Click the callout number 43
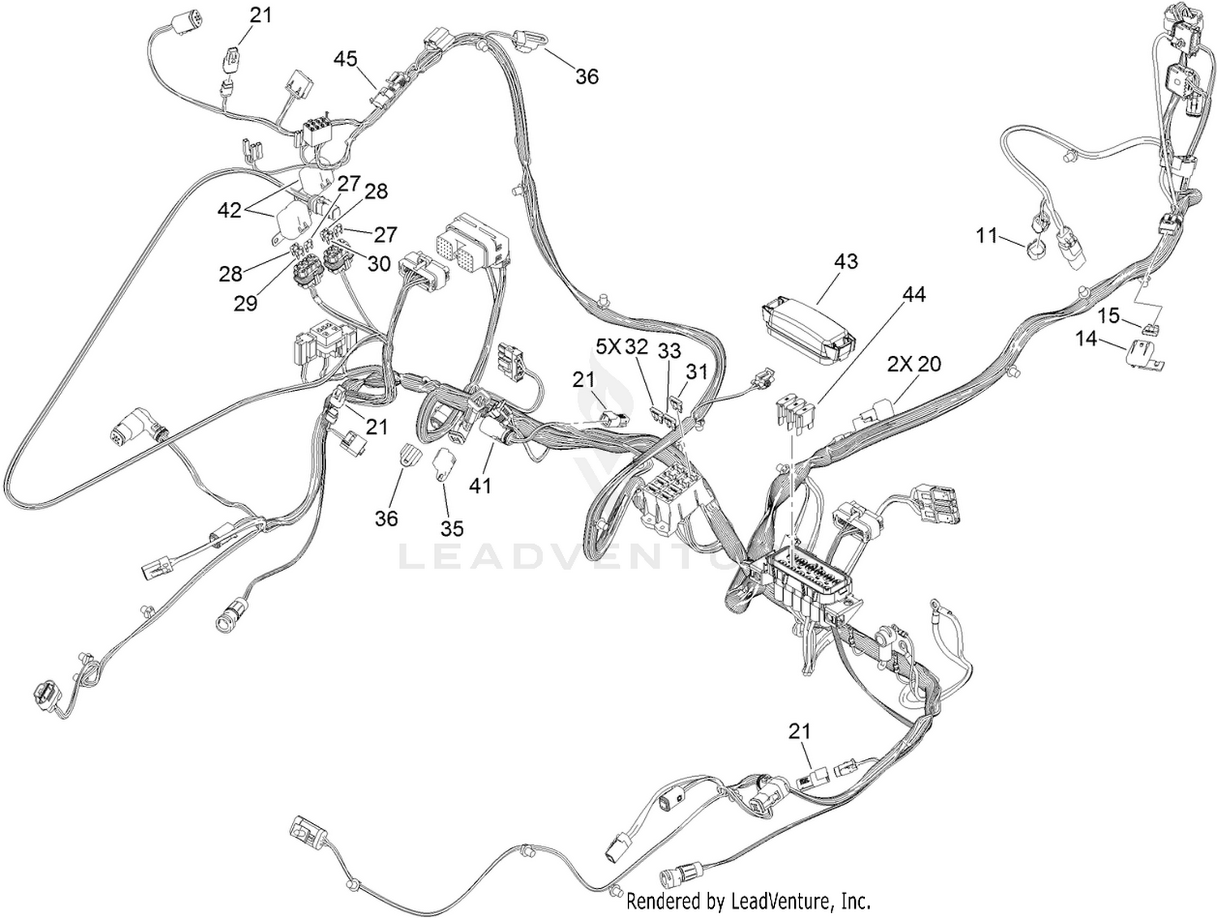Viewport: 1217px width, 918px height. click(845, 261)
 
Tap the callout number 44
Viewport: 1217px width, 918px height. click(914, 294)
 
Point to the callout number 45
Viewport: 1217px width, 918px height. click(346, 58)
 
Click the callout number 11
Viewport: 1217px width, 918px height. click(987, 236)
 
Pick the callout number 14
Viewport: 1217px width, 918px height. click(1086, 338)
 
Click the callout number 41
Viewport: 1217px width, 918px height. click(480, 485)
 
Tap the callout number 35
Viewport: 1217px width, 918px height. click(452, 529)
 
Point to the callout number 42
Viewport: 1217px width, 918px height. click(230, 211)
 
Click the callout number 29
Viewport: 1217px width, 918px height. click(246, 303)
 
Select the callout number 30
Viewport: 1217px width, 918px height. click(379, 264)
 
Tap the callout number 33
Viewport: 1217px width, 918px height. click(669, 350)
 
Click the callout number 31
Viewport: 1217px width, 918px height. click(696, 371)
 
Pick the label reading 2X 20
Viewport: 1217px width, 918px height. click(914, 364)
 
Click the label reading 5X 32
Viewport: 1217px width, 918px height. click(621, 347)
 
